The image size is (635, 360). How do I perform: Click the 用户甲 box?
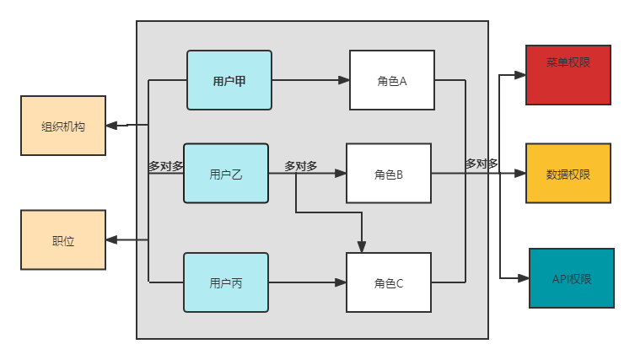pos(229,80)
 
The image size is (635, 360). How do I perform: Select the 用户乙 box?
pos(226,174)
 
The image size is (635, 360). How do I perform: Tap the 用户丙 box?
pos(226,282)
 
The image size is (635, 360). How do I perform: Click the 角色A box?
pos(392,80)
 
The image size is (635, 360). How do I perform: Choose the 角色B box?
pos(389,174)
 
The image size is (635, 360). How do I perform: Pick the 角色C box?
pos(389,282)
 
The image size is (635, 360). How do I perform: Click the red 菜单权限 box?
pos(568,75)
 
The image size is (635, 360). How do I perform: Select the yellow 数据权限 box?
pos(568,174)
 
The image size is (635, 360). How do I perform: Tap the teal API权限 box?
pos(572,278)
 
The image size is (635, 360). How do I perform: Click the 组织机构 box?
pos(63,126)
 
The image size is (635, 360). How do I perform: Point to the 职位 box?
pos(63,240)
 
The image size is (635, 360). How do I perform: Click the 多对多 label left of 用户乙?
pos(166,166)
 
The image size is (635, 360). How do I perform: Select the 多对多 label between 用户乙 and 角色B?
pos(301,166)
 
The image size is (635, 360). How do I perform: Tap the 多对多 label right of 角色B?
pos(482,164)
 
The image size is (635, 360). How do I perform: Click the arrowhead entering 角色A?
pos(344,80)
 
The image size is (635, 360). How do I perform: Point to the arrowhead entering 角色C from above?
pos(362,247)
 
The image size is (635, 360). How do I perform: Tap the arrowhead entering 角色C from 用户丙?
pos(341,282)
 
